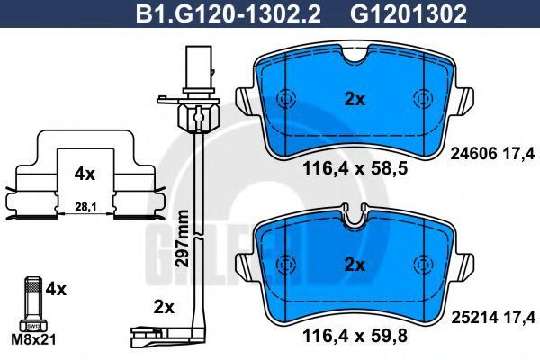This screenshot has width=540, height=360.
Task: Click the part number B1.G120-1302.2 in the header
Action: pyautogui.click(x=229, y=13)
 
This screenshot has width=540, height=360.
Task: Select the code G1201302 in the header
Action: pyautogui.click(x=409, y=13)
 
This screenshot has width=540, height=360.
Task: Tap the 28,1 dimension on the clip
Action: pyautogui.click(x=85, y=207)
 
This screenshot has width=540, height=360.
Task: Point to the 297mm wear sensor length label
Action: pyautogui.click(x=182, y=238)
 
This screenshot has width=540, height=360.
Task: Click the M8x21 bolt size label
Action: pyautogui.click(x=33, y=340)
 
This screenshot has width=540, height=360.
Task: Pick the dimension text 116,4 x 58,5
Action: pyautogui.click(x=355, y=169)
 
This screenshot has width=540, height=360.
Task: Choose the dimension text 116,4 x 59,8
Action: pyautogui.click(x=355, y=336)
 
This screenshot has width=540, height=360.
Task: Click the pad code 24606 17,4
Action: pyautogui.click(x=493, y=153)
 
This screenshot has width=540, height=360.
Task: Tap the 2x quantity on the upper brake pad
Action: pyautogui.click(x=355, y=100)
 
